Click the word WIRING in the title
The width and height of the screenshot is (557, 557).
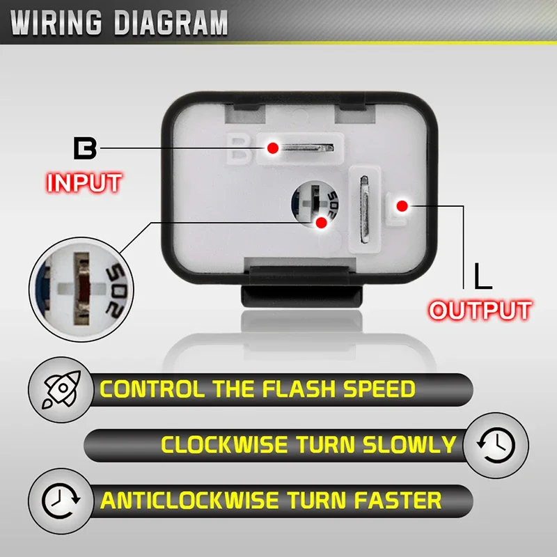point(56,23)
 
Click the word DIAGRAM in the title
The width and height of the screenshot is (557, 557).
point(171,23)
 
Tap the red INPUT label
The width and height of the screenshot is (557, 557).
point(84,183)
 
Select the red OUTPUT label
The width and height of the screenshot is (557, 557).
point(480,310)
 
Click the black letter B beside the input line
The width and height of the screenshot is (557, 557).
point(85,149)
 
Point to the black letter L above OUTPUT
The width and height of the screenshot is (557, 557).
point(483,276)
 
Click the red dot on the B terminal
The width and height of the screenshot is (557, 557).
point(273,148)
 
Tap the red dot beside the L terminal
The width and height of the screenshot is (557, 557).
point(402,205)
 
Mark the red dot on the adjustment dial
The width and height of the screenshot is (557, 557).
point(321,223)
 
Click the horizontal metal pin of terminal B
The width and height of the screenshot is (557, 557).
point(306,148)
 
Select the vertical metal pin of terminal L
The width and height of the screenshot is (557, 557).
point(364,210)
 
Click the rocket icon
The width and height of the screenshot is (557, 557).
point(61,389)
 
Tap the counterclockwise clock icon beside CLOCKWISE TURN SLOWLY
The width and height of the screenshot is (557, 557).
point(496,445)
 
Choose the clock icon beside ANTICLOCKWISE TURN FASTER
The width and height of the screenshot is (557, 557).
point(61,500)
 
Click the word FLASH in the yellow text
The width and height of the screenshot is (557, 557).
point(299,389)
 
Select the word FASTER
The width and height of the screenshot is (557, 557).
point(398,500)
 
